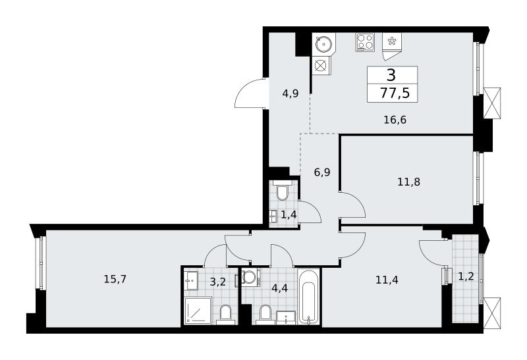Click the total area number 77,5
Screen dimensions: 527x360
(395, 92)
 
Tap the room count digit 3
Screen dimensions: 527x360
(391, 75)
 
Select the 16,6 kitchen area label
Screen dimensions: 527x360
(395, 120)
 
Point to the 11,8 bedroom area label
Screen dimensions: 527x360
(408, 182)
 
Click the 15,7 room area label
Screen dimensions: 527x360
(115, 279)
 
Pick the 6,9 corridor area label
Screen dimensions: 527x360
(322, 172)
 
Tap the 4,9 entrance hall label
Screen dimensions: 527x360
(290, 93)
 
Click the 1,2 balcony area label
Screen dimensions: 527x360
(466, 276)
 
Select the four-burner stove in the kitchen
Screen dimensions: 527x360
(365, 42)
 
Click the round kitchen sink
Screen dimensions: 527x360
(323, 43)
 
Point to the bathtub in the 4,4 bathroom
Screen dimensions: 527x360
(308, 296)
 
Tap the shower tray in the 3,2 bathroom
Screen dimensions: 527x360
(198, 311)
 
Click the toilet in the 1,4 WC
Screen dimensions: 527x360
(281, 190)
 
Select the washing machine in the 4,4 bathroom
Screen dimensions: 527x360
(250, 277)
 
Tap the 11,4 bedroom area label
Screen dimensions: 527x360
(387, 280)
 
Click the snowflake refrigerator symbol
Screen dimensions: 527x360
(391, 41)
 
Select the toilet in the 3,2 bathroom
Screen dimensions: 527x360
(225, 315)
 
